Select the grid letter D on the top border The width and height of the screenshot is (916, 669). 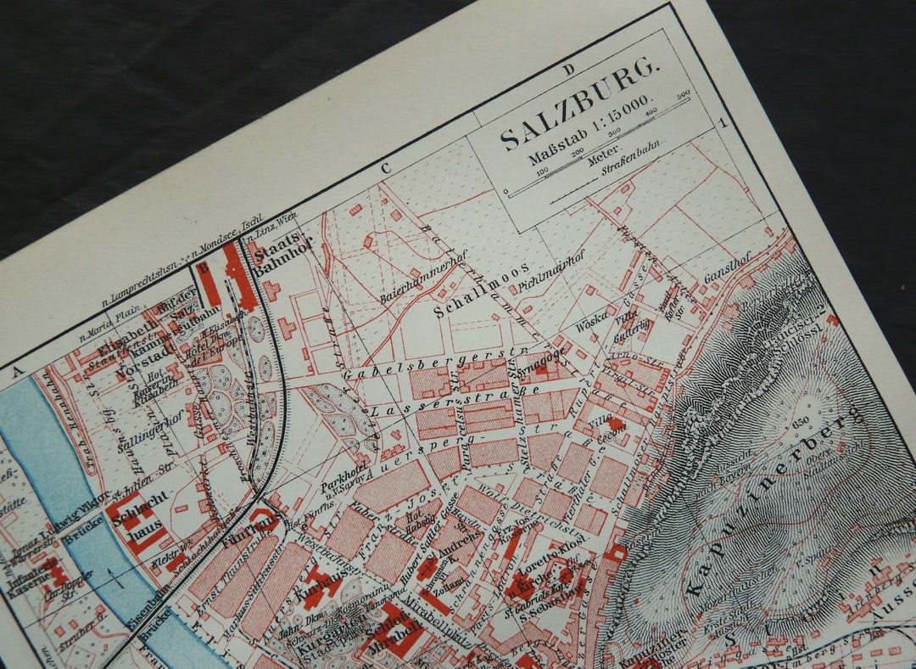click(568, 69)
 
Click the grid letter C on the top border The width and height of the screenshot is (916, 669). click(386, 167)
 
